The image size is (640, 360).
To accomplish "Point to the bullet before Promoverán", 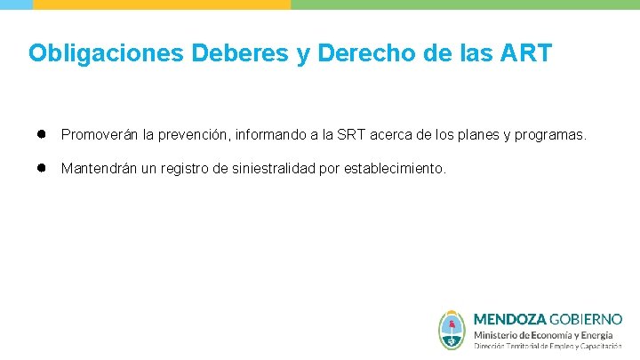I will (x=41, y=134).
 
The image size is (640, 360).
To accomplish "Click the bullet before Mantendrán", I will (x=41, y=167).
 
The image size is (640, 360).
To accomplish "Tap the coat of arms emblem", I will (x=452, y=330).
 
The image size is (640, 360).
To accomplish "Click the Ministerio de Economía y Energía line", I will (x=542, y=334).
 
